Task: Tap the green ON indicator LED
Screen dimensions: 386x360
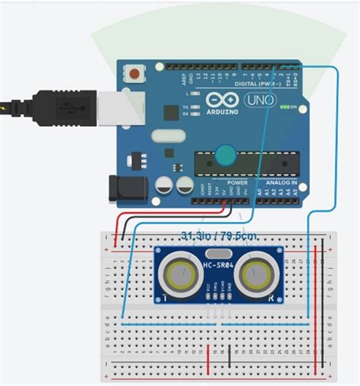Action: click(x=282, y=107)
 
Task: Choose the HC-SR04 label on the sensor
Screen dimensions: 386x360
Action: click(x=219, y=266)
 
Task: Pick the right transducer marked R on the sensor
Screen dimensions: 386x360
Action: click(x=257, y=272)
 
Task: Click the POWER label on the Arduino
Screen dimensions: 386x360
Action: click(x=237, y=183)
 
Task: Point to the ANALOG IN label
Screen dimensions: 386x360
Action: click(x=283, y=183)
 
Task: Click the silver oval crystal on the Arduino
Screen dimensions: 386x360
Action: click(x=167, y=137)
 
